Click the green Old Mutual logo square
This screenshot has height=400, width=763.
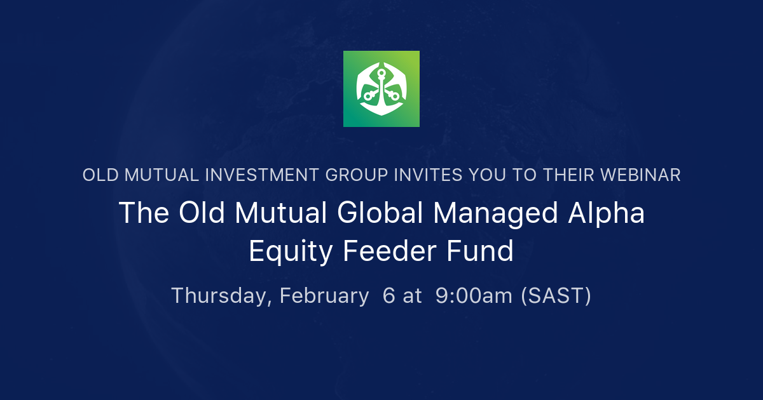click(x=381, y=89)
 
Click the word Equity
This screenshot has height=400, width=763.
click(x=290, y=252)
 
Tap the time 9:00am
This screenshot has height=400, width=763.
click(x=474, y=296)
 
